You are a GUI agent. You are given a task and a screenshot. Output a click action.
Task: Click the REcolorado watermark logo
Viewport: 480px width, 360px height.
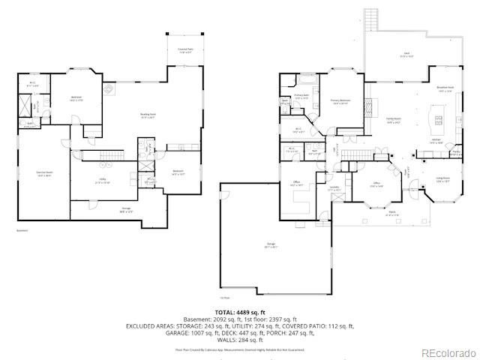(448, 352)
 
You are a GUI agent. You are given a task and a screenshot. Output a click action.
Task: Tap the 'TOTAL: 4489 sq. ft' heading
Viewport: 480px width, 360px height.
(240, 311)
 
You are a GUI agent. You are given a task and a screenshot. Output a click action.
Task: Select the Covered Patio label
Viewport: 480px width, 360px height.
(185, 51)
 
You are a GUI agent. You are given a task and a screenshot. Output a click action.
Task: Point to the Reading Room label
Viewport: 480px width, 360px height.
(148, 115)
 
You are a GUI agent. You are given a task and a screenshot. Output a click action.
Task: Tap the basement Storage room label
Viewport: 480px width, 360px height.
(126, 211)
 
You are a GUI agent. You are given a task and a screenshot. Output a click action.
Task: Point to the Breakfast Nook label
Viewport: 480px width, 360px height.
(446, 88)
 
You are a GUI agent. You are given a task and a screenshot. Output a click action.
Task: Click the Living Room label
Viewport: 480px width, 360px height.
(442, 179)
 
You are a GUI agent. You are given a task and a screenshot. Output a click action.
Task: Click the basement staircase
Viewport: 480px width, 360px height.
(91, 155)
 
